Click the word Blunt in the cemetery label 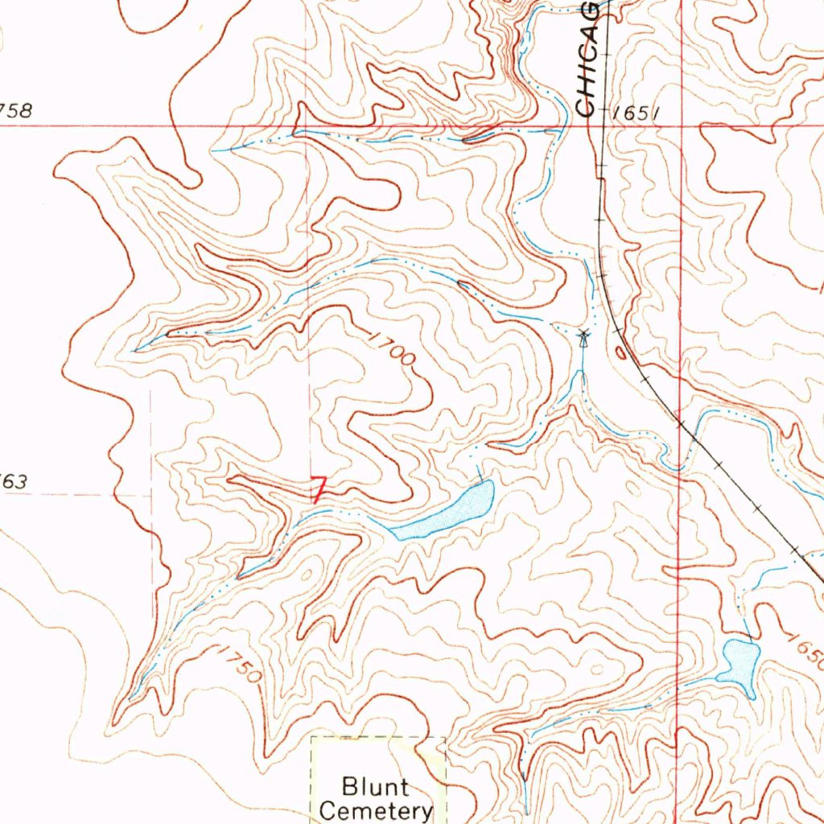tap(375, 785)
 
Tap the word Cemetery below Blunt tap(376, 810)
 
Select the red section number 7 tap(319, 489)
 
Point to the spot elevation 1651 tap(636, 114)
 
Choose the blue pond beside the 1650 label tap(741, 663)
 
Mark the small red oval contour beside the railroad tap(620, 351)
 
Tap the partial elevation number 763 tap(14, 482)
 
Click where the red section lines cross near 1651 tap(681, 126)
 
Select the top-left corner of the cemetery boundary tap(312, 736)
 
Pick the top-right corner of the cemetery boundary tap(445, 736)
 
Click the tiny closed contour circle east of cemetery tap(596, 669)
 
